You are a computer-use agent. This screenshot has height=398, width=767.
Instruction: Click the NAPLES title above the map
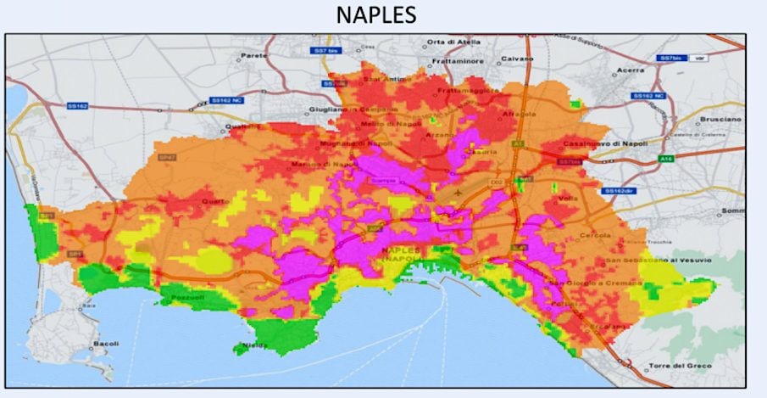pos(383,17)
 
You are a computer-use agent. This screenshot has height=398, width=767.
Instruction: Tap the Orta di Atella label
pos(451,42)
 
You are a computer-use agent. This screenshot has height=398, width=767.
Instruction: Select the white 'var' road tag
pos(698,59)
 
